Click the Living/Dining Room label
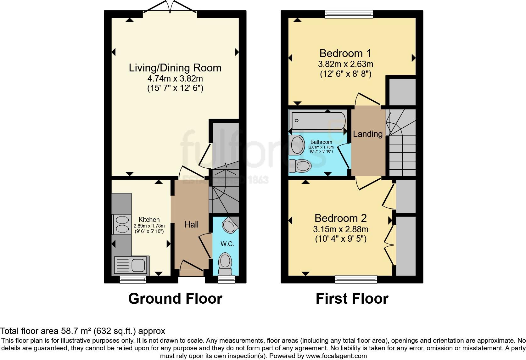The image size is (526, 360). pos(175,68)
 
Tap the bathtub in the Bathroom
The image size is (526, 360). pos(318,121)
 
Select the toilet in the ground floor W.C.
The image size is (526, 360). pos(225,263)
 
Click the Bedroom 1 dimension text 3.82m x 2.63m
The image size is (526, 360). pos(345,64)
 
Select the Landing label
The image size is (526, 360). pos(367,134)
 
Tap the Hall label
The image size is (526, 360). pos(191,224)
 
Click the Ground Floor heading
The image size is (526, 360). pos(175,298)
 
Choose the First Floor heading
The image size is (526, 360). pos(352,298)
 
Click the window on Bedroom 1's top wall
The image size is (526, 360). pos(349,14)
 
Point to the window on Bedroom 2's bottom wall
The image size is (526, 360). pos(356,278)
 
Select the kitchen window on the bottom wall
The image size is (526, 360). pos(133,279)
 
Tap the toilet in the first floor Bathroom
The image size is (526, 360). pos(300,166)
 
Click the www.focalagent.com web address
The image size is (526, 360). pos(336,356)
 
